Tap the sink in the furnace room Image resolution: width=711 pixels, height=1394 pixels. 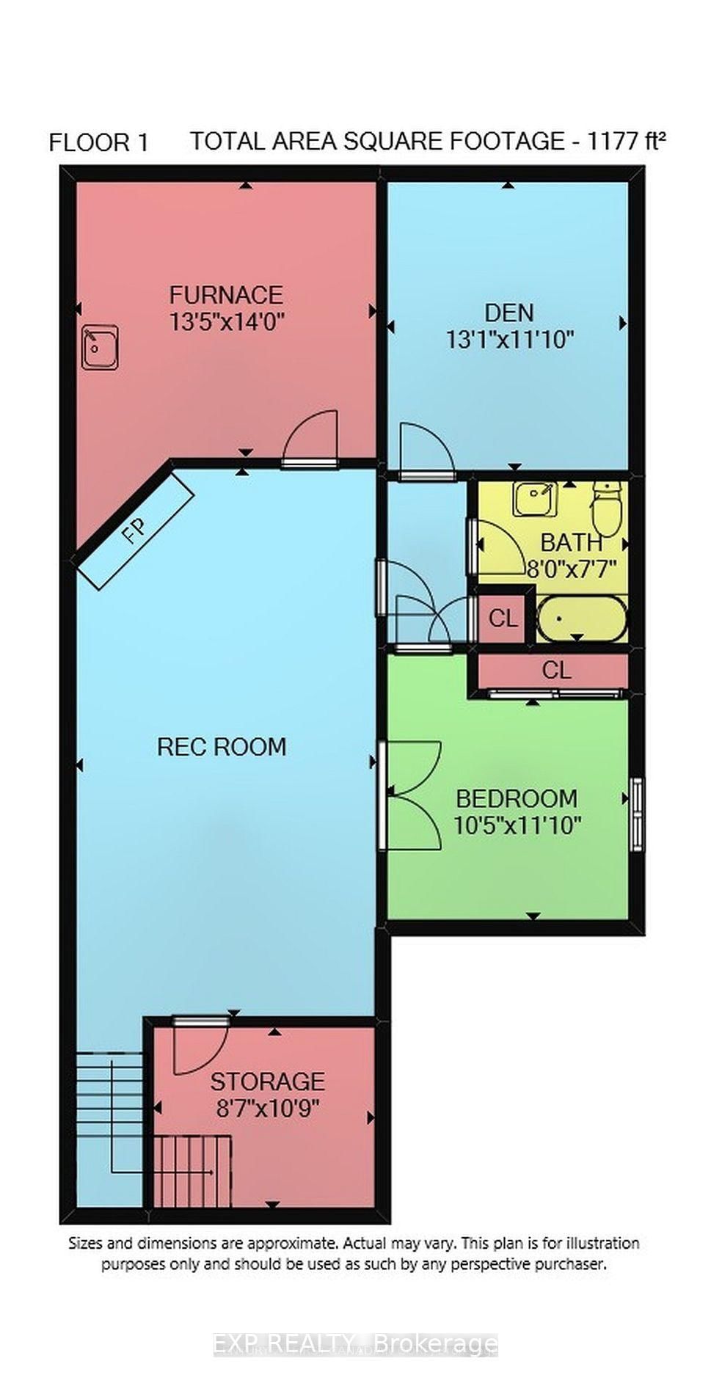[x=101, y=348]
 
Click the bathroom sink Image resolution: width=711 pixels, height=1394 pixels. [x=535, y=499]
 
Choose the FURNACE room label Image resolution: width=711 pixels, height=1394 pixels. [x=225, y=295]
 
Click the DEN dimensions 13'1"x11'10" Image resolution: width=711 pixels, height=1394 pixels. [x=509, y=339]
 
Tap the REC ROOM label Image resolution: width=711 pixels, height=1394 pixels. [x=222, y=747]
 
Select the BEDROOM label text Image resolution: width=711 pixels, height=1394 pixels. [x=517, y=798]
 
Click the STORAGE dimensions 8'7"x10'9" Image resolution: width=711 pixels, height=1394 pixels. [x=267, y=1106]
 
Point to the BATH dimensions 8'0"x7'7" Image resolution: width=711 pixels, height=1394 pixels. [x=572, y=569]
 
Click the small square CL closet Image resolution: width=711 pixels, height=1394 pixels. [x=503, y=618]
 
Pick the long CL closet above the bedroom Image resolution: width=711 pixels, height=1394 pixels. [x=556, y=670]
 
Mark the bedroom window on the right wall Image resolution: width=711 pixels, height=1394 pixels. [x=635, y=813]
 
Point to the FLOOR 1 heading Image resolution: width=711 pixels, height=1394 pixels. [x=99, y=142]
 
